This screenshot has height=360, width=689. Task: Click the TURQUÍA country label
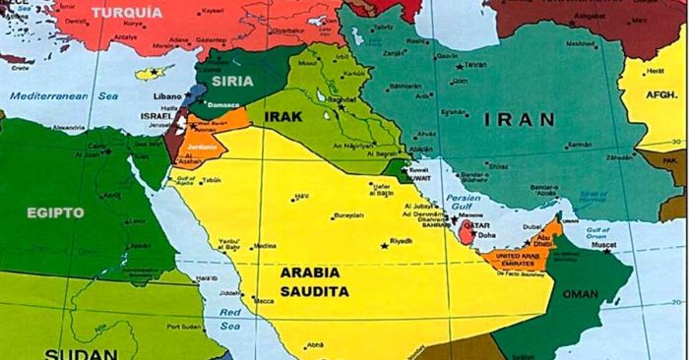tap(128, 13)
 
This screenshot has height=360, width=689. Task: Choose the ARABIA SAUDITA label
tap(314, 281)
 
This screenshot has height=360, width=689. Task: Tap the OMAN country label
tap(580, 294)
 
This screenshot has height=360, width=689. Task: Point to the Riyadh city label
tap(402, 241)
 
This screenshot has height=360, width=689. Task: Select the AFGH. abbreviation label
tap(663, 95)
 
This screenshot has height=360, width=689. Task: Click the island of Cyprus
tap(152, 72)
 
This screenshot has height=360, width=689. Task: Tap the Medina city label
tap(265, 247)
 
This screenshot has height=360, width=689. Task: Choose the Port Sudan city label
tap(183, 327)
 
